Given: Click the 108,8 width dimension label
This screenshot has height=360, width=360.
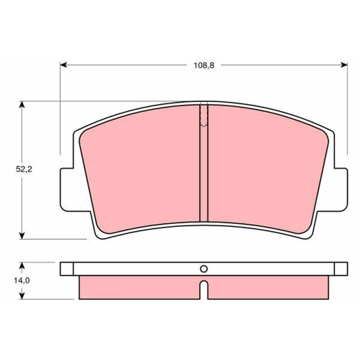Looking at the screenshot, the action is coord(204,65).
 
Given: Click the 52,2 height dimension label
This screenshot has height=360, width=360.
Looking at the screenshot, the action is coord(24,169).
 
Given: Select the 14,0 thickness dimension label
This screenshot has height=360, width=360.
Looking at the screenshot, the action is coord(22,280).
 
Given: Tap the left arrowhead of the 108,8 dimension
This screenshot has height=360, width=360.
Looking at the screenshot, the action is coord(64,65).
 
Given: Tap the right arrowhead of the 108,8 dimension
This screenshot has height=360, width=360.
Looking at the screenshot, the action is coord(344,65).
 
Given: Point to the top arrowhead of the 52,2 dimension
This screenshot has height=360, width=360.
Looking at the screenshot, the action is coord(22,104).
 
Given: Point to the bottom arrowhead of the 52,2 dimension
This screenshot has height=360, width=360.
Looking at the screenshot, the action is coord(22,236).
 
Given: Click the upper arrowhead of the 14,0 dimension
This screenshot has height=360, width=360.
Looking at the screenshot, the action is coord(22,266).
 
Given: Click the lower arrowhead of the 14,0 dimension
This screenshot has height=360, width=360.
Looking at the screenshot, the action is coord(22,295).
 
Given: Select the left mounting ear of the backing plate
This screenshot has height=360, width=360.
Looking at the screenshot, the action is coord(67,190).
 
